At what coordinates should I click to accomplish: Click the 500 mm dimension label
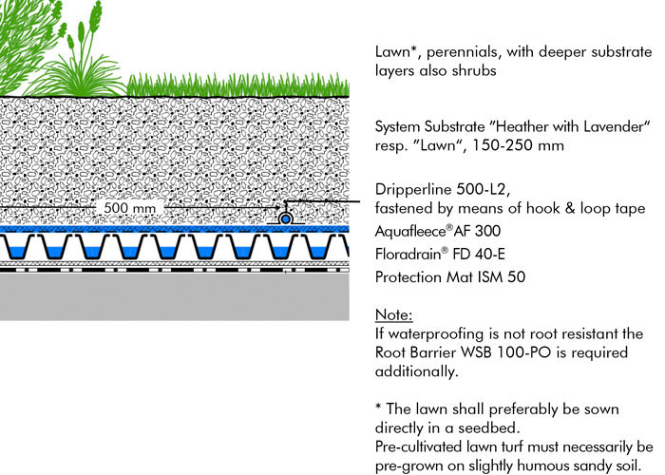point(130,208)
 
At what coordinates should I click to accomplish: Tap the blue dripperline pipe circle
point(286,218)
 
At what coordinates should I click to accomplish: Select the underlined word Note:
point(394,314)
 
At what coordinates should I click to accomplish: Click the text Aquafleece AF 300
point(438,231)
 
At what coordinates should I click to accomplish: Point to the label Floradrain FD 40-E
point(440,254)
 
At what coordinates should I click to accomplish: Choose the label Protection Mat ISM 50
point(450,277)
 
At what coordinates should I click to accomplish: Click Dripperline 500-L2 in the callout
point(442,189)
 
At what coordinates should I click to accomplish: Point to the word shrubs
point(474,70)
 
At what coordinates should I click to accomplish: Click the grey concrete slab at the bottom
point(174,296)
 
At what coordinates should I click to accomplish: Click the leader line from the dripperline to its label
point(322,200)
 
